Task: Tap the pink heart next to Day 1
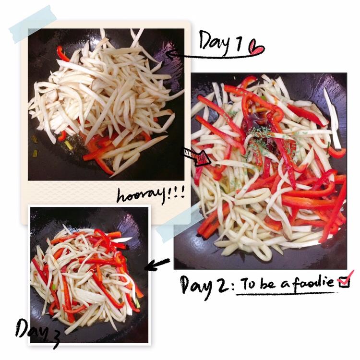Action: [x=257, y=48]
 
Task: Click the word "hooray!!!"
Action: [x=150, y=195]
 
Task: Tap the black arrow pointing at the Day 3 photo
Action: [x=157, y=264]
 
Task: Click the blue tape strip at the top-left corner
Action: [x=33, y=24]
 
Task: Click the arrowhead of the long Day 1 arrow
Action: [x=169, y=54]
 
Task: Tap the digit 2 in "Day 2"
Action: [x=223, y=286]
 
